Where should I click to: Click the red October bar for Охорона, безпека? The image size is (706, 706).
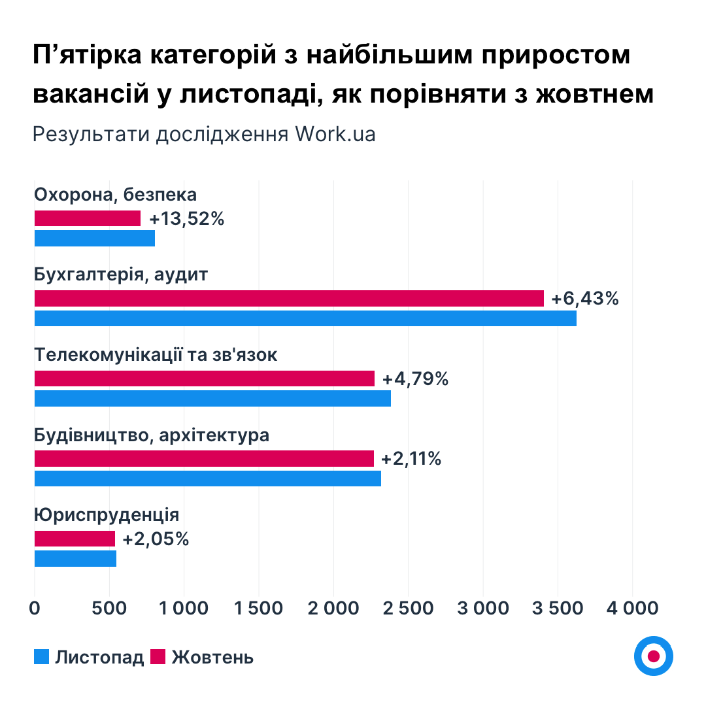tap(88, 218)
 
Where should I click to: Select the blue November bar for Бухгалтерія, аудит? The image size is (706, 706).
tap(305, 318)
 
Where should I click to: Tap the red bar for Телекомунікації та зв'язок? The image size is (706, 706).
tap(205, 378)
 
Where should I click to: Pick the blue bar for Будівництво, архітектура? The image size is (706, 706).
tap(207, 479)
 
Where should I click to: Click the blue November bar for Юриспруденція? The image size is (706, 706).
tap(75, 559)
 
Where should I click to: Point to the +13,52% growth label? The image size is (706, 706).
tap(187, 219)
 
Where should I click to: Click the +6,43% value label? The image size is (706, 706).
tap(584, 299)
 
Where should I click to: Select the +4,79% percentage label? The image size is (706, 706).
tap(415, 379)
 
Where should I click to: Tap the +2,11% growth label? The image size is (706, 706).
tap(411, 459)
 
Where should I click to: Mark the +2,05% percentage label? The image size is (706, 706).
tap(156, 539)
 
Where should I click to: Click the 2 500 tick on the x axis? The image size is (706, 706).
tap(408, 608)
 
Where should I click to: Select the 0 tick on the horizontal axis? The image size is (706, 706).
tap(35, 608)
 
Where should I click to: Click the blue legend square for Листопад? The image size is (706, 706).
tap(42, 656)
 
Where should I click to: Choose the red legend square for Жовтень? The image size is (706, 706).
tap(158, 656)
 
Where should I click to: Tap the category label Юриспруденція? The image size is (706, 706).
tap(107, 515)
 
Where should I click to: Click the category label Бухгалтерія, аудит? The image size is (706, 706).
tap(121, 275)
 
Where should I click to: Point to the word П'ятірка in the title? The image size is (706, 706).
tap(88, 56)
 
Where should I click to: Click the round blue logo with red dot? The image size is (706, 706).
tap(653, 656)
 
